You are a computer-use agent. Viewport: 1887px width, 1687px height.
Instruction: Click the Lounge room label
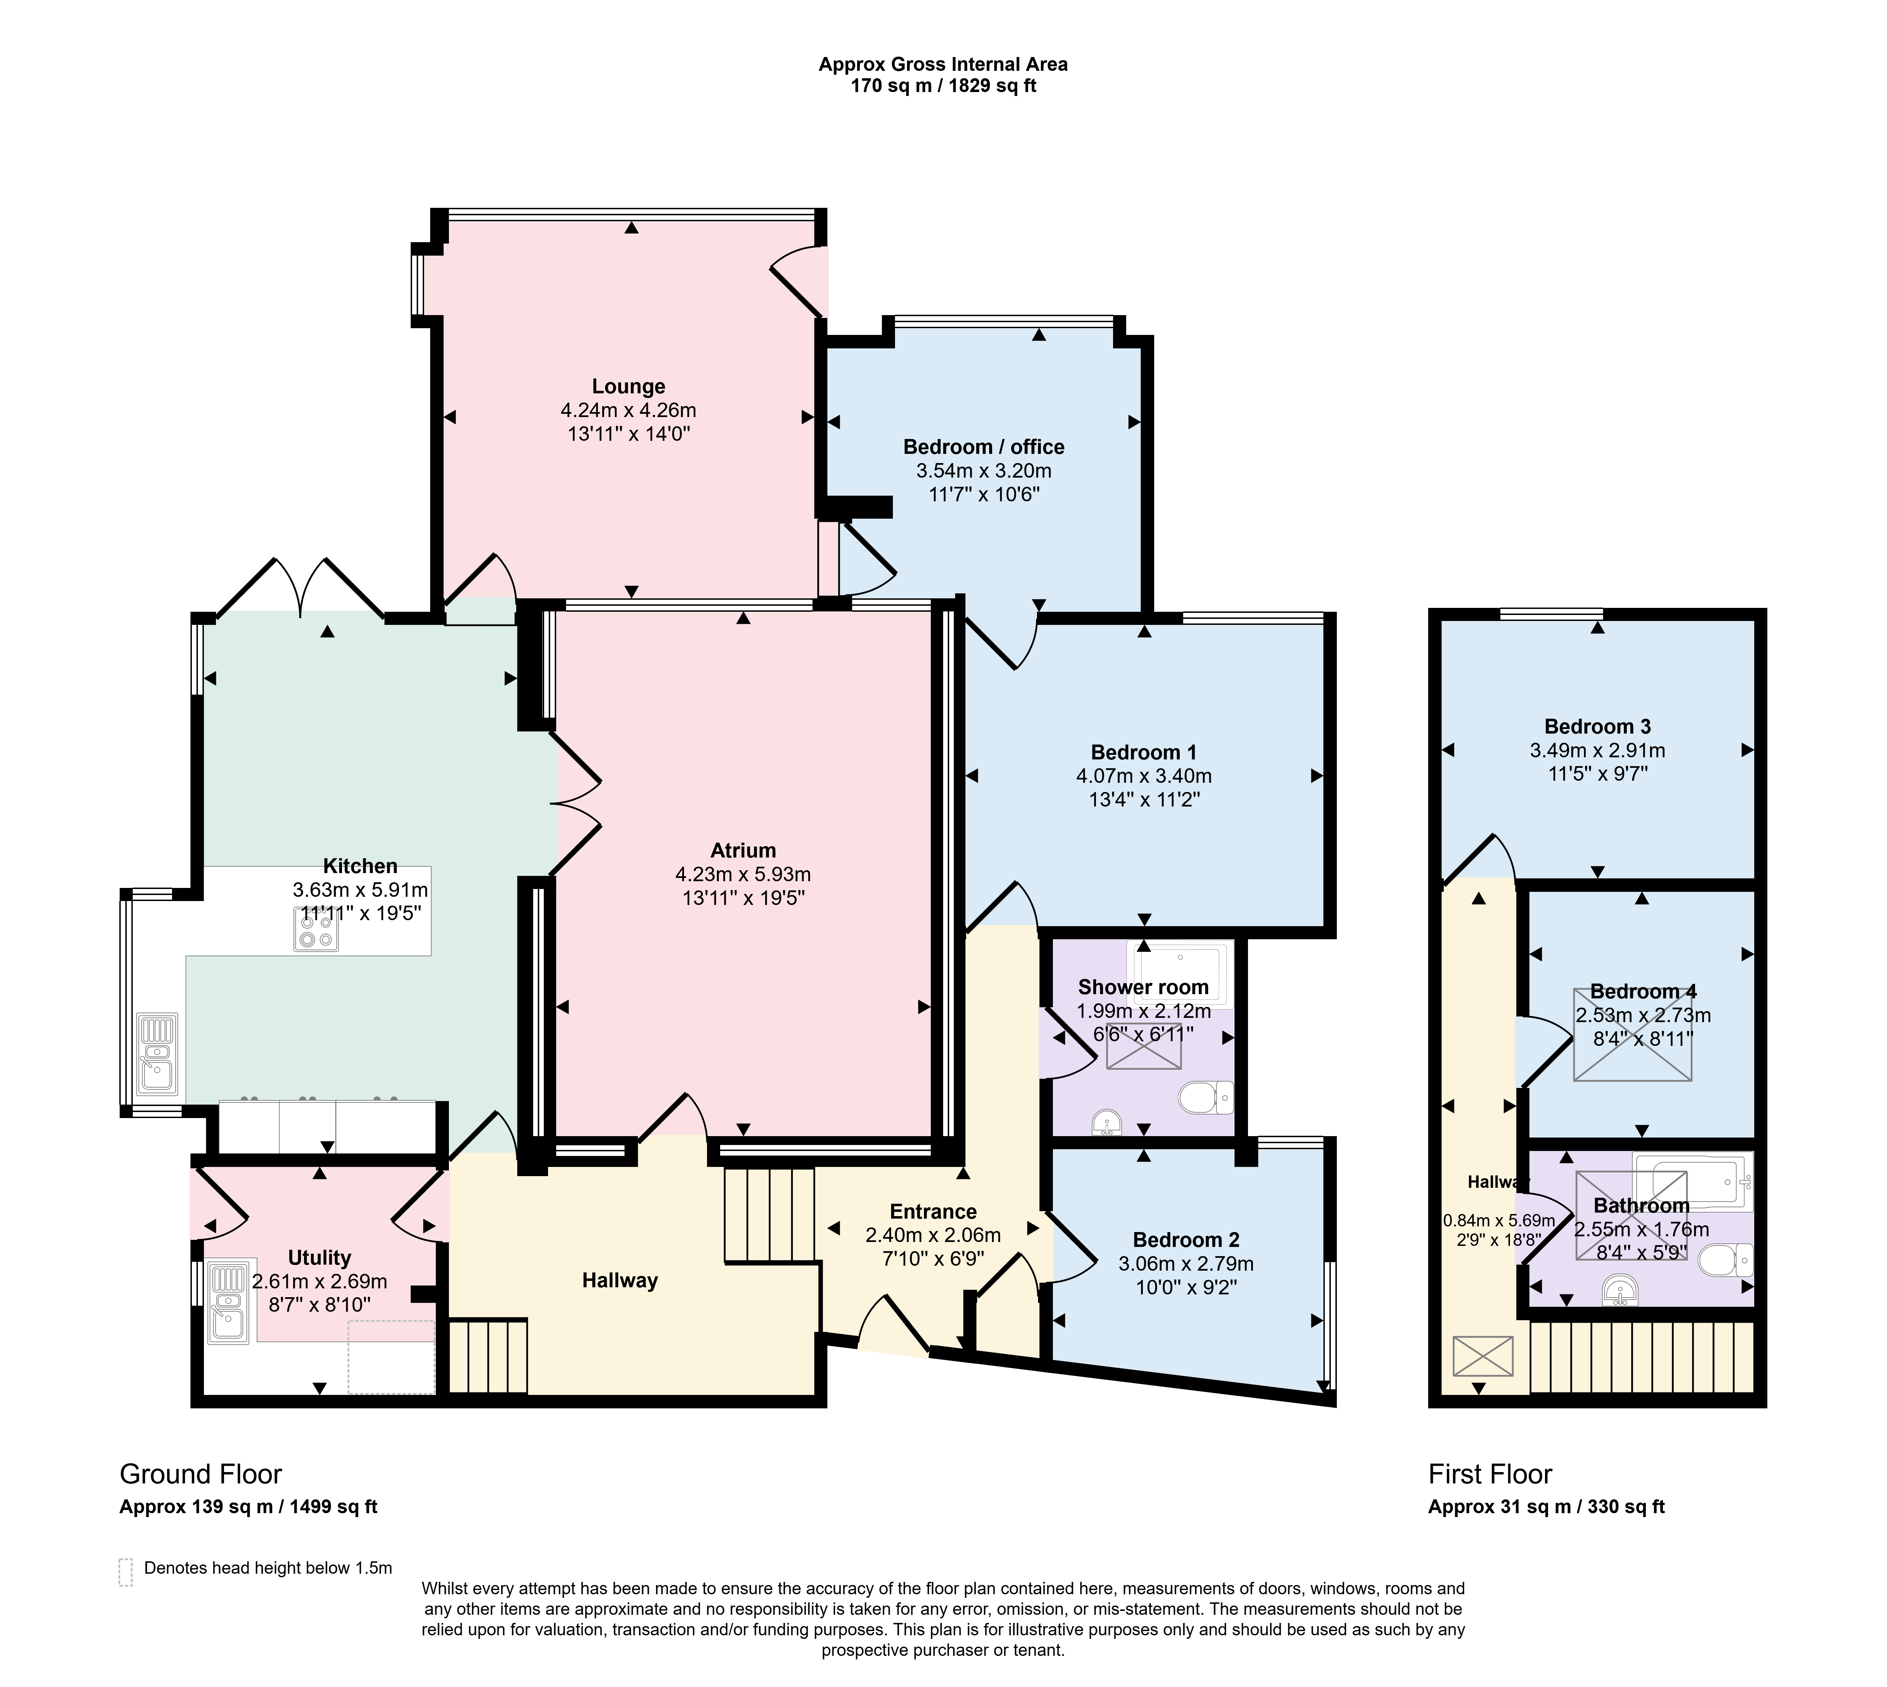[x=628, y=387]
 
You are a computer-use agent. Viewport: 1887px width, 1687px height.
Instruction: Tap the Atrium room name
[x=743, y=850]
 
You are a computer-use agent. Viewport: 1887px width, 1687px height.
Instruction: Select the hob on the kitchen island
[x=316, y=929]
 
